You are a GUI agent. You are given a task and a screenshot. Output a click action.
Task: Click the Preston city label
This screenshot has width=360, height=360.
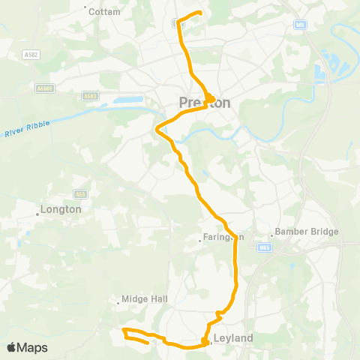[205, 103]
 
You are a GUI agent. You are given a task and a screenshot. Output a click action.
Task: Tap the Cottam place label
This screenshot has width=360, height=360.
[104, 12]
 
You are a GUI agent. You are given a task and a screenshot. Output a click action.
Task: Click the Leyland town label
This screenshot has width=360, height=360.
[233, 338]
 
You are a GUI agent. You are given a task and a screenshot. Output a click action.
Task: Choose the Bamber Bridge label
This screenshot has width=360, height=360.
[307, 232]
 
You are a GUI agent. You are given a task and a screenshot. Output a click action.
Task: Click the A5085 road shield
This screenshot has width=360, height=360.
[45, 88]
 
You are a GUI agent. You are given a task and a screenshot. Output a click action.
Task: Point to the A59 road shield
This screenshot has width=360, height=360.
[81, 193]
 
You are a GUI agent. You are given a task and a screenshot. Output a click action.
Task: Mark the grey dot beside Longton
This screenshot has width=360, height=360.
[37, 214]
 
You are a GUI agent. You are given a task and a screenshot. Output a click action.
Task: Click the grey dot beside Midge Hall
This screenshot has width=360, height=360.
[118, 304]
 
